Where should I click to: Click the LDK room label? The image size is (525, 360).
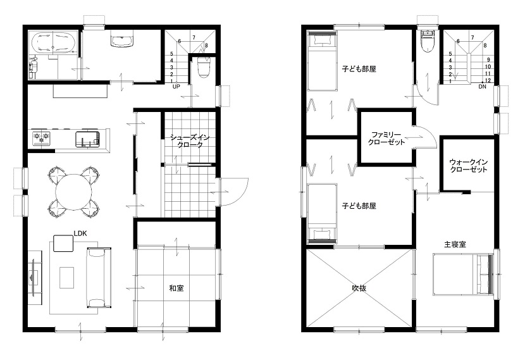point(80,233)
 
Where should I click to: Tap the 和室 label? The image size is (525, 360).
point(176,288)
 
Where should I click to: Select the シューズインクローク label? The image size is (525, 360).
point(190,141)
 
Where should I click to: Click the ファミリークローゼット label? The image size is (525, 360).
point(386,139)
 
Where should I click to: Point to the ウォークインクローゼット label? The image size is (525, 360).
point(469,166)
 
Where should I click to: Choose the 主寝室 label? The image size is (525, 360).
point(455,244)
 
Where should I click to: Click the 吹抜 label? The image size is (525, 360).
point(359,288)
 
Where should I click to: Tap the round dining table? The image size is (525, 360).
point(73,192)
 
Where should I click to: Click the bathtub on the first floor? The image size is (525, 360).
point(54,42)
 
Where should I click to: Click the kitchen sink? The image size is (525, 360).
point(88,139)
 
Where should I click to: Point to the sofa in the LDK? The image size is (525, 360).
point(99,278)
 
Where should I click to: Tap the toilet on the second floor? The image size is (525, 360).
point(428,42)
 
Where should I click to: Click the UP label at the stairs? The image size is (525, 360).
point(176,87)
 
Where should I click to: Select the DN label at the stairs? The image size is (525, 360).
point(482,87)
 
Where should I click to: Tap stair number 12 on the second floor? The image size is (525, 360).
point(488,81)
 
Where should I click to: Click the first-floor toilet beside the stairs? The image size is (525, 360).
point(204,67)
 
